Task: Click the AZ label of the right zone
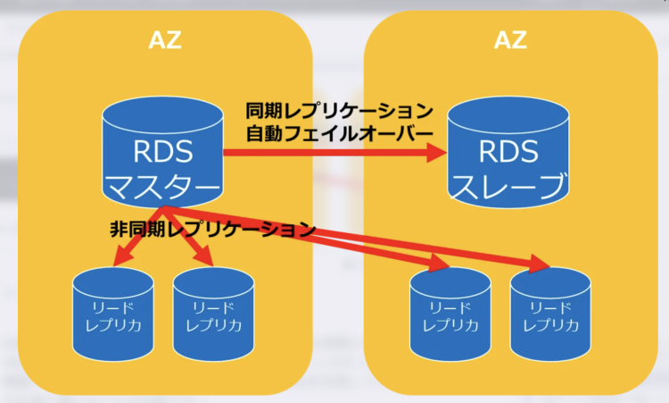tap(510, 40)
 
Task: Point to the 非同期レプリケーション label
tap(212, 227)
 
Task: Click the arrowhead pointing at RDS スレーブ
tap(436, 153)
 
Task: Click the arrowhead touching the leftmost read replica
tap(121, 258)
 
